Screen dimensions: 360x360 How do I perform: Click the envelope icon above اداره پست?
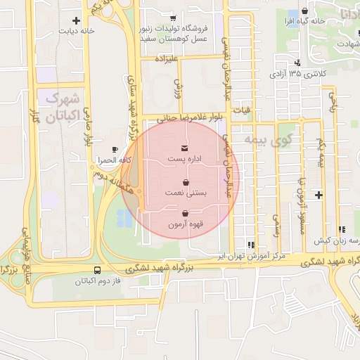tap(184, 148)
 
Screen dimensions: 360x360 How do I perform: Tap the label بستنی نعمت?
tap(184, 191)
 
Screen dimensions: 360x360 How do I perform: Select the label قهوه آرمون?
tap(185, 225)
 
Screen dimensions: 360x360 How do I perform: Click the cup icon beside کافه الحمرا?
tap(115, 150)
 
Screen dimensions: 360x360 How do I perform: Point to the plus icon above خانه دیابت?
tap(76, 20)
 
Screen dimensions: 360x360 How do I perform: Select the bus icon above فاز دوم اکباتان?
tap(96, 270)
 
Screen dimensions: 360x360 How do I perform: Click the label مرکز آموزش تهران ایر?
tap(254, 256)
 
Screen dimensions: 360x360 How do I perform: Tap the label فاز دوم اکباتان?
tap(97, 281)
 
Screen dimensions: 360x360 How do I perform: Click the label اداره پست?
tap(184, 159)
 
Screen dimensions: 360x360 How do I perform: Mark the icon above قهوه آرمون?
tap(185, 214)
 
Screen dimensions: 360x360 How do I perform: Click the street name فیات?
tap(242, 110)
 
